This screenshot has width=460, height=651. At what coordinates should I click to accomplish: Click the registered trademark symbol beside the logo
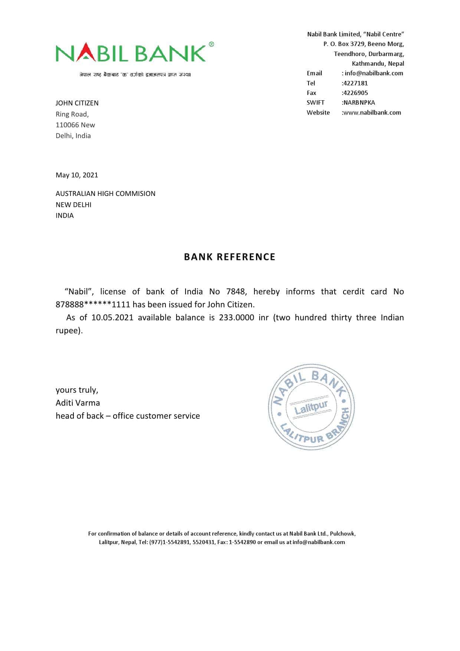211,45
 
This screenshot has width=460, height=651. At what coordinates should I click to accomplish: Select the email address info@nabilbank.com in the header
374,73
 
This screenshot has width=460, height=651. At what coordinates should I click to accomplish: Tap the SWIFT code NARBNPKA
359,102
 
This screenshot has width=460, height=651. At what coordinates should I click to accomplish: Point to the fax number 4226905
355,93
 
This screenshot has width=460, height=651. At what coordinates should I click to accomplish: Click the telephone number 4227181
355,83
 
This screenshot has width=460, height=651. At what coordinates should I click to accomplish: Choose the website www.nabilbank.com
372,112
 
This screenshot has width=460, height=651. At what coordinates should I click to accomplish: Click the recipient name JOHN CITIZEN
77,103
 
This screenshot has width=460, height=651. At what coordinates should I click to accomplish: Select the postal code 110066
67,125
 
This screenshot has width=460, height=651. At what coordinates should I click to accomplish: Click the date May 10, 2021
77,175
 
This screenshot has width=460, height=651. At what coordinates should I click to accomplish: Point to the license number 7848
236,292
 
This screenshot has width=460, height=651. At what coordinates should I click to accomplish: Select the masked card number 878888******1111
93,305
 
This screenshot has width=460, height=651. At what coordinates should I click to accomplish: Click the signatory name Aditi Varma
78,403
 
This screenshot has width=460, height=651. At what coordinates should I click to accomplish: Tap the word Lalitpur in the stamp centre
311,408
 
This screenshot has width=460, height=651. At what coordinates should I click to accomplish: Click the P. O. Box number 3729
358,44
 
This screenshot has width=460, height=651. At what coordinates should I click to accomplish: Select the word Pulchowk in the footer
342,534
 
